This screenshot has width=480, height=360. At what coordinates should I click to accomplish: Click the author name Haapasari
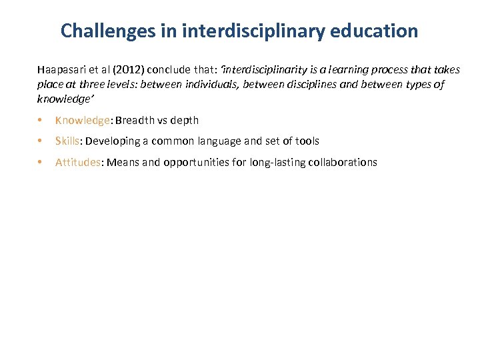[x=64, y=70]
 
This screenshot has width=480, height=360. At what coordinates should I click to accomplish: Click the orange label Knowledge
[x=83, y=121]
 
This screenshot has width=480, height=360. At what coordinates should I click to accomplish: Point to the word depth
[x=185, y=121]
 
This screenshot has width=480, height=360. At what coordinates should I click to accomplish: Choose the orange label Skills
[x=67, y=141]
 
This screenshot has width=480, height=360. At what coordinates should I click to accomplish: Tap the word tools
[x=306, y=141]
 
